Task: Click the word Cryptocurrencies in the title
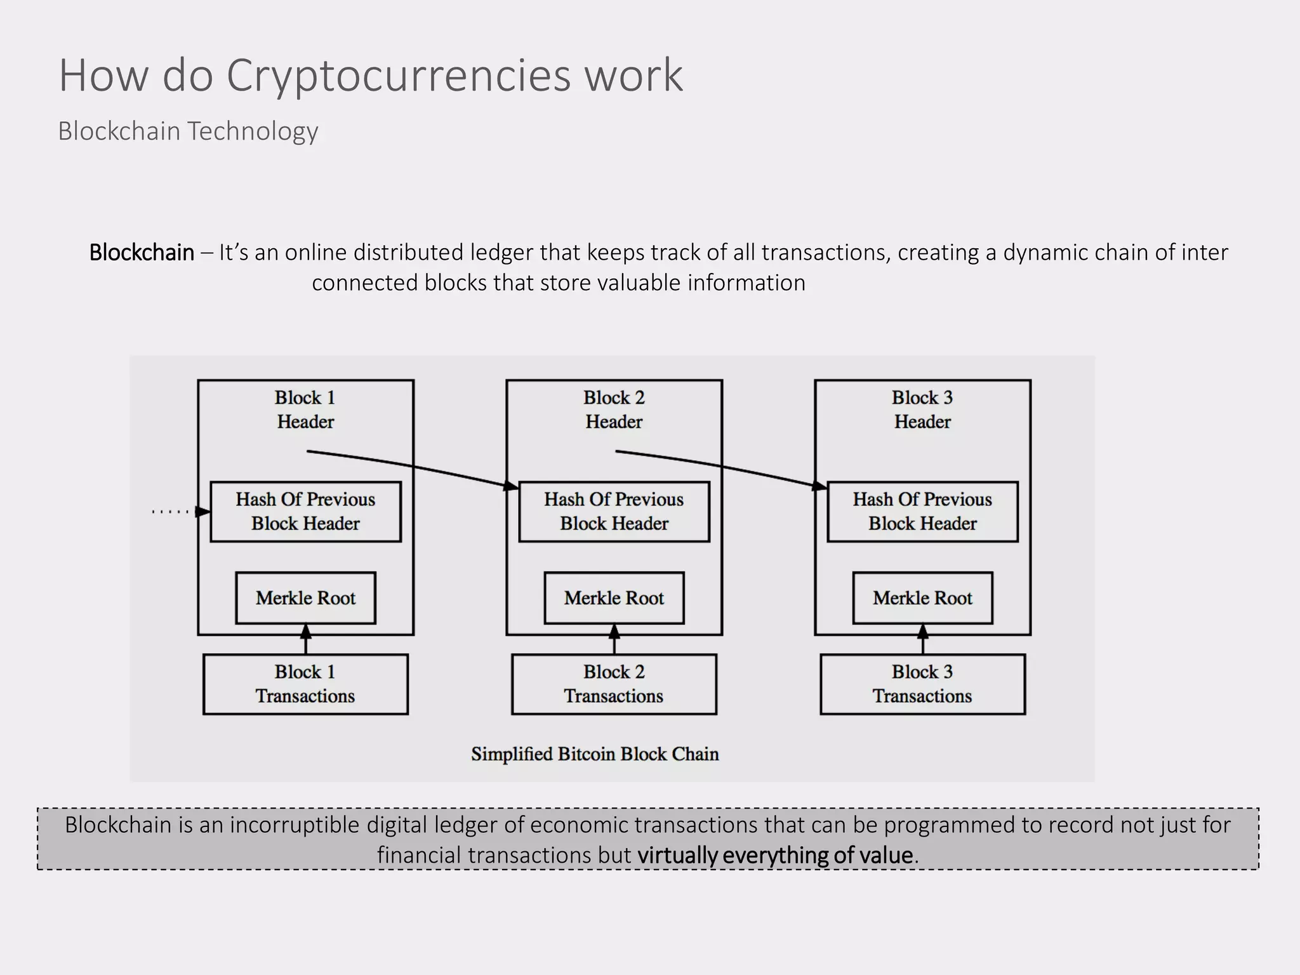399,76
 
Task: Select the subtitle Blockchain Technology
188,131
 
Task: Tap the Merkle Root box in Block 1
305,598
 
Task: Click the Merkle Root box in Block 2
614,598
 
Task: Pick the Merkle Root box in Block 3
922,598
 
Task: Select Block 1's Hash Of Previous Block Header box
305,512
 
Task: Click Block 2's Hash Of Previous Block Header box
614,512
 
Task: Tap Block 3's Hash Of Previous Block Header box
922,512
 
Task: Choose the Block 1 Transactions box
305,684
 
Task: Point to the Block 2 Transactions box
614,684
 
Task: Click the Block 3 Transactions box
922,684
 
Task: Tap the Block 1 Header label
305,409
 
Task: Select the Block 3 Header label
922,409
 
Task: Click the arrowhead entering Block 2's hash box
511,486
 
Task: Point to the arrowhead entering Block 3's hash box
819,486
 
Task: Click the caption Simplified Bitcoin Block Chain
595,754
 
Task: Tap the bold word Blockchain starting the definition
142,253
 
